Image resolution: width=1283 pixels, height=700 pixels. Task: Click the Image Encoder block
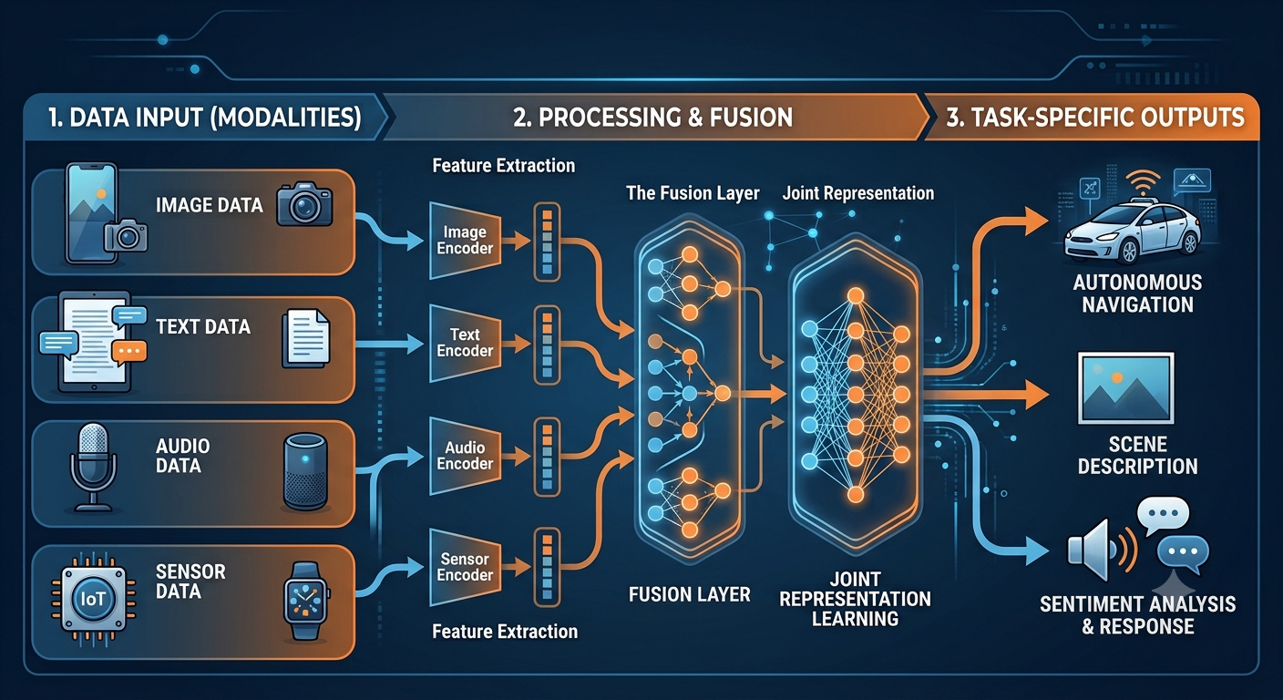[465, 240]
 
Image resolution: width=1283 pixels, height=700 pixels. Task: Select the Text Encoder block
[465, 343]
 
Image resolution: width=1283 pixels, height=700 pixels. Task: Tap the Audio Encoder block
[465, 456]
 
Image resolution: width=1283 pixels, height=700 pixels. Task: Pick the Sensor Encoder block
[465, 567]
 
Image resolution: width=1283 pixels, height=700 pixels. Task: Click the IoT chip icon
[93, 599]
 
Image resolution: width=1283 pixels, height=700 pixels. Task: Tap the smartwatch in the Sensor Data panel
[306, 601]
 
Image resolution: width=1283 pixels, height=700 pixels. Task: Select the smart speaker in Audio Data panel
[306, 472]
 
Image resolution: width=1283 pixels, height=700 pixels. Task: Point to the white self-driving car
[1133, 232]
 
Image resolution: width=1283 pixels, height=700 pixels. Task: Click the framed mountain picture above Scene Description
[1125, 388]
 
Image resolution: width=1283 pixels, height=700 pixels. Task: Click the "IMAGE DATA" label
[209, 205]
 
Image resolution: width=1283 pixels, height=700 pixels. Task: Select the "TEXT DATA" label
[203, 326]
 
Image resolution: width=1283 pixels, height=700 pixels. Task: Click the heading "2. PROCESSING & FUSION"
[653, 118]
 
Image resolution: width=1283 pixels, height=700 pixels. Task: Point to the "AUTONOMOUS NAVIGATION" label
[1137, 293]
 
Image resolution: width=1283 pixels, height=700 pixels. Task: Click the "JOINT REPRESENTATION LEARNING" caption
[855, 599]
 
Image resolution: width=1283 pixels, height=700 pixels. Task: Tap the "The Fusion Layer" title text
[693, 193]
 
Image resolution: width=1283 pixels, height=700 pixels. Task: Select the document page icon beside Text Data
[306, 338]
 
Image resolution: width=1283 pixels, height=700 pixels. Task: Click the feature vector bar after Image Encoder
[547, 242]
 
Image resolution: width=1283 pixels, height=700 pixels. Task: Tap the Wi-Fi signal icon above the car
[1143, 183]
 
